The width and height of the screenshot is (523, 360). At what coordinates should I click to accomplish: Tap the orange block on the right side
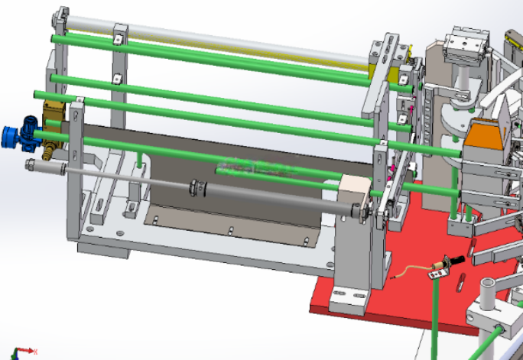[x=489, y=136]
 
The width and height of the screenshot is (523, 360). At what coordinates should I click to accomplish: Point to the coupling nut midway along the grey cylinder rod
[x=197, y=186]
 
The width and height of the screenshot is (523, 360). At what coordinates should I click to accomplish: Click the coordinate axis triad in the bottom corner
[x=23, y=351]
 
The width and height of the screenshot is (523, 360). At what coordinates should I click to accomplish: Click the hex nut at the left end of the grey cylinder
[x=31, y=166]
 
